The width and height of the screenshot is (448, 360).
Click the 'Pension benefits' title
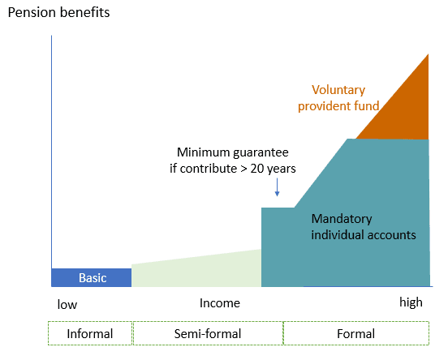point(59,12)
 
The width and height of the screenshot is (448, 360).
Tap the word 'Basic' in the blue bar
point(93,278)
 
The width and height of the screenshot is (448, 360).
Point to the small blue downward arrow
point(277,187)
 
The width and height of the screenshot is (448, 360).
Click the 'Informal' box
point(90,333)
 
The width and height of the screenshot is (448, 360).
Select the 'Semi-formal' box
point(208,333)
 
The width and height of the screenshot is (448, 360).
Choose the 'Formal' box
point(356,333)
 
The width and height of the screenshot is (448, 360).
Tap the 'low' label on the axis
point(67,305)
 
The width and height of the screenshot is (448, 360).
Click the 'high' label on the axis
point(411,302)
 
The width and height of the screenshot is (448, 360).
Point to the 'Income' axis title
point(220,303)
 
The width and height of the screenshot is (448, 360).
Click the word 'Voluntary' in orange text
point(338,90)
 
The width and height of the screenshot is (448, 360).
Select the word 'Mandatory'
point(342,219)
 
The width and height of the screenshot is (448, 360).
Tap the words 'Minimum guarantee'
point(233,152)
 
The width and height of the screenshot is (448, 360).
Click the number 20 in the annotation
point(257,169)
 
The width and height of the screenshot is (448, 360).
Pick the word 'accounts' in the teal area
point(391,235)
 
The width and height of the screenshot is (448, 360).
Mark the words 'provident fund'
point(338,106)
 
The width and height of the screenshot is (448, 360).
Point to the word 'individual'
point(338,235)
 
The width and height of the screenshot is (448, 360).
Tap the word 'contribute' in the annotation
point(209,169)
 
